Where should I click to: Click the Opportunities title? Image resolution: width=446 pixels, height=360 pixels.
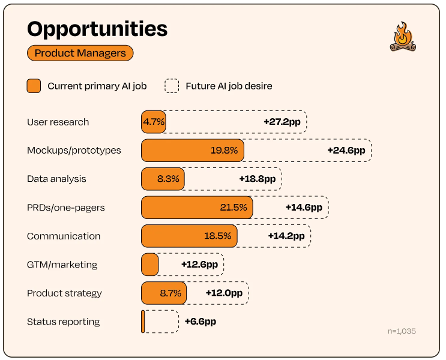pos(97,29)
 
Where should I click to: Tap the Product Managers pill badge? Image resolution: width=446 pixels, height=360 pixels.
pos(80,53)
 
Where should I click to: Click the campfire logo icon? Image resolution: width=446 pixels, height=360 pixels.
pos(402,37)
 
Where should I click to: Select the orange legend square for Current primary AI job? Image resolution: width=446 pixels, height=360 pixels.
pos(34,86)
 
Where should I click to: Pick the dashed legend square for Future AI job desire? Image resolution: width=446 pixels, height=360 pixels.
pos(172,86)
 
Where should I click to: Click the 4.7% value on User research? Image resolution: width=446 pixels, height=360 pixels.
pos(153,122)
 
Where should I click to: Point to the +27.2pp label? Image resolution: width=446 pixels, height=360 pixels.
pos(282,122)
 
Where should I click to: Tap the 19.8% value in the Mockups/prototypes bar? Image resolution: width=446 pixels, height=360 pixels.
pos(224,151)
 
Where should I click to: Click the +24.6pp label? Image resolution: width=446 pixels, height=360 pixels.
pos(346,151)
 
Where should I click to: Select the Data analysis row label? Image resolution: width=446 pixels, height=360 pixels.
pos(56,179)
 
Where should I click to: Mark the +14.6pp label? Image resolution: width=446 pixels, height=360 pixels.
pos(304,208)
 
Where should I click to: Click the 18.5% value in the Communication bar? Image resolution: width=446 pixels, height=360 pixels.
pos(217,236)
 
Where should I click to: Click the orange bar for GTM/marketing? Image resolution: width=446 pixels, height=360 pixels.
pos(149,265)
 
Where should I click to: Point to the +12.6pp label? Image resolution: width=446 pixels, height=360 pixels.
pos(199,265)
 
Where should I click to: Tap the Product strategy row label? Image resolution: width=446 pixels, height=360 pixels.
pos(64,293)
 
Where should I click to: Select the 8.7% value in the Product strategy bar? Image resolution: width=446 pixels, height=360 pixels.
pos(170,293)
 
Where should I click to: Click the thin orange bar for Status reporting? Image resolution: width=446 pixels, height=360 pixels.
pos(143,322)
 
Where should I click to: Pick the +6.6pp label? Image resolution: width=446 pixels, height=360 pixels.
pos(200,322)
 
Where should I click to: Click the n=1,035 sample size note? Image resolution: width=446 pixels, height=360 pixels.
pos(402,331)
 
